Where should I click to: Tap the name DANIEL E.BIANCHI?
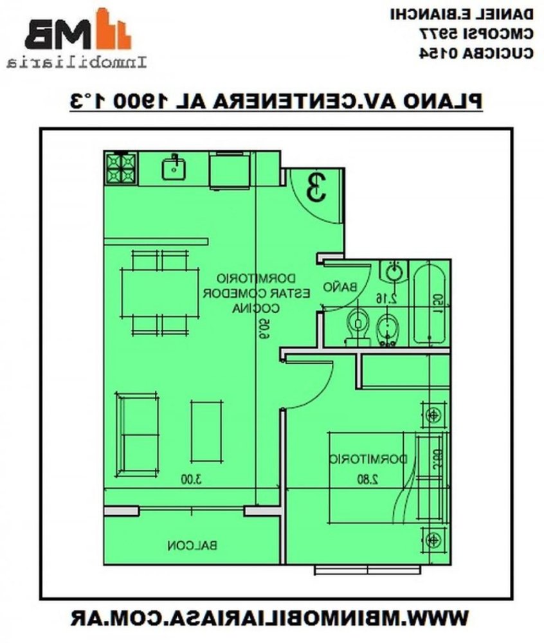(462, 14)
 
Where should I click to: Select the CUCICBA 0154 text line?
(476, 53)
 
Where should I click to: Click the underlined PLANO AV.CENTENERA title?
(275, 101)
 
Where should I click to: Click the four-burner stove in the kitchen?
(121, 168)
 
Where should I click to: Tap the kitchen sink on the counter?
(174, 168)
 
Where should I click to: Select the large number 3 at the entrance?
(315, 187)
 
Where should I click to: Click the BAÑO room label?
(340, 287)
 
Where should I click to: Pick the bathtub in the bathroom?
(428, 303)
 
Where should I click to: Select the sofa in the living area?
(136, 435)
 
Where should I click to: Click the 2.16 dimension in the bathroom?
(386, 297)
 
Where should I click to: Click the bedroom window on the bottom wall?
(367, 570)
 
